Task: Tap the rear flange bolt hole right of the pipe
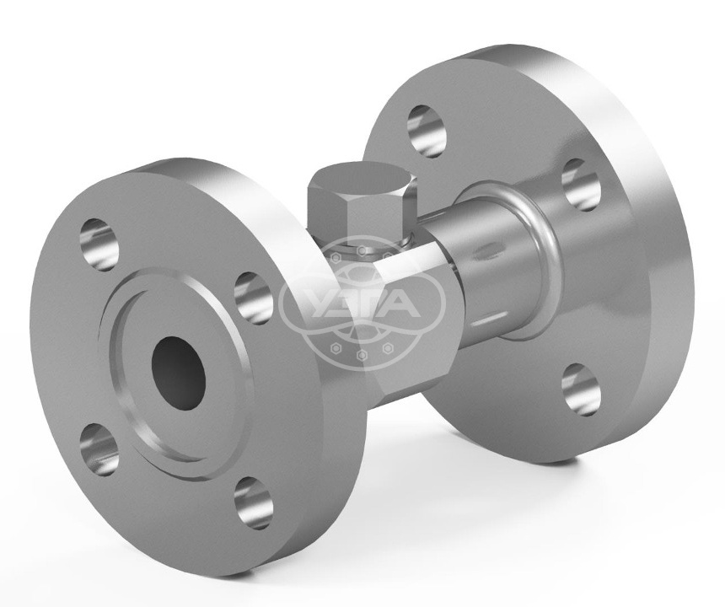tap(581, 185)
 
